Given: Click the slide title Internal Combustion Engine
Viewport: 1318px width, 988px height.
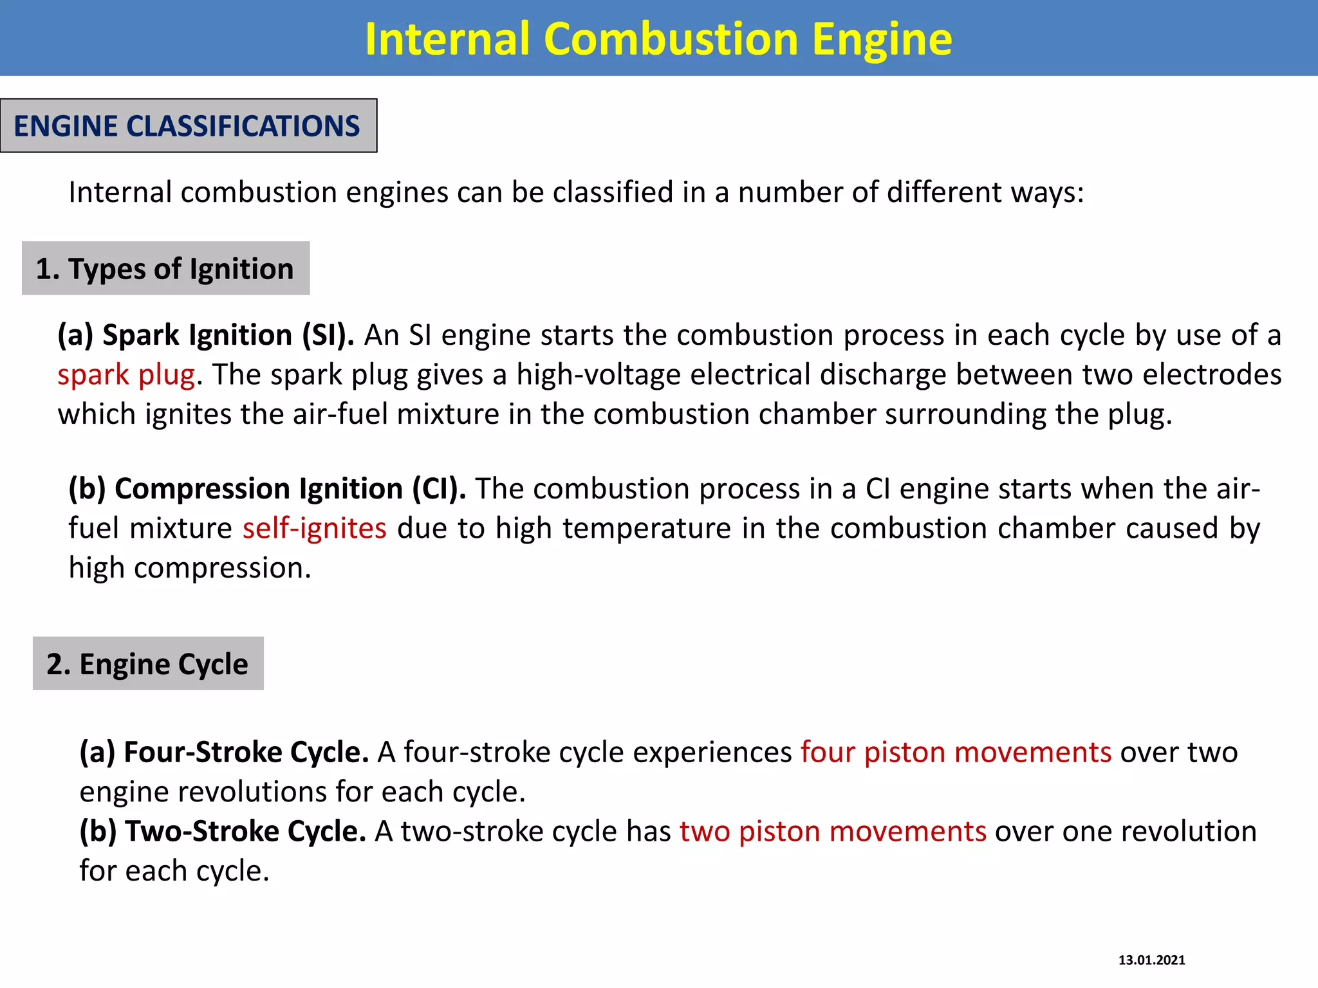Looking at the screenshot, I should pos(658,39).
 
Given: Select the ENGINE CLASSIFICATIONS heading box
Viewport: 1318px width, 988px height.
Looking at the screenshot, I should pos(188,125).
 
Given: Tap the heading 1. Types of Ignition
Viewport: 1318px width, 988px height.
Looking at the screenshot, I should pos(165,268).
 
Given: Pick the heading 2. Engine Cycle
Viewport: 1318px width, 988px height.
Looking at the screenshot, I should pos(148,663).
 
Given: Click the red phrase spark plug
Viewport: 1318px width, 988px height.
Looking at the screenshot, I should pos(126,374).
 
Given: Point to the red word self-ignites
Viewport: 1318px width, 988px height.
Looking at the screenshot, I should pos(314,528).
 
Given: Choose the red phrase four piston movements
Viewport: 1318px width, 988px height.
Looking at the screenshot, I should pos(956,752).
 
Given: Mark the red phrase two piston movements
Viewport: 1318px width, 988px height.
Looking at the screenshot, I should pos(833,831).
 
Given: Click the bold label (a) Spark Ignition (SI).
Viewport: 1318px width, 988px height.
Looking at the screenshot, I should pos(206,335).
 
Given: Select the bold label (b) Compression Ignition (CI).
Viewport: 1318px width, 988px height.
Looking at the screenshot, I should pos(268,489).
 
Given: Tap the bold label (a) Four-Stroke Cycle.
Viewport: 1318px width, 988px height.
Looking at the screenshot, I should pos(224,752).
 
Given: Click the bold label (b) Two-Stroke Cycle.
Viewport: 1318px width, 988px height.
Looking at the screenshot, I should pos(223,831).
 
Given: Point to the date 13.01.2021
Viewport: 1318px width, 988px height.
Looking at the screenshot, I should pos(1151,960).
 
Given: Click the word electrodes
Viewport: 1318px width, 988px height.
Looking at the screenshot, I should pos(1214,374).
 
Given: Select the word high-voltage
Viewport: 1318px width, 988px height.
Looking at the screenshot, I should pos(599,374).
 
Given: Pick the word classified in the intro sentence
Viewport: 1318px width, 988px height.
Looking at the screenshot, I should pos(613,192).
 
